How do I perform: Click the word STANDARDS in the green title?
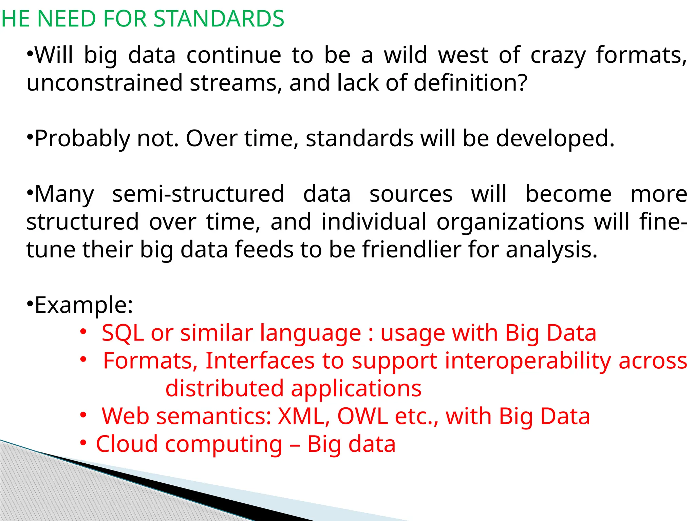219,19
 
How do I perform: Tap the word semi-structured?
198,194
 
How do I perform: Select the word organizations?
510,222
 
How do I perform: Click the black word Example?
83,305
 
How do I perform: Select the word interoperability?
528,361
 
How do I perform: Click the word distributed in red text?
224,389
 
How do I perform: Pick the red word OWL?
362,416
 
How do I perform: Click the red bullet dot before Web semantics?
83,415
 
